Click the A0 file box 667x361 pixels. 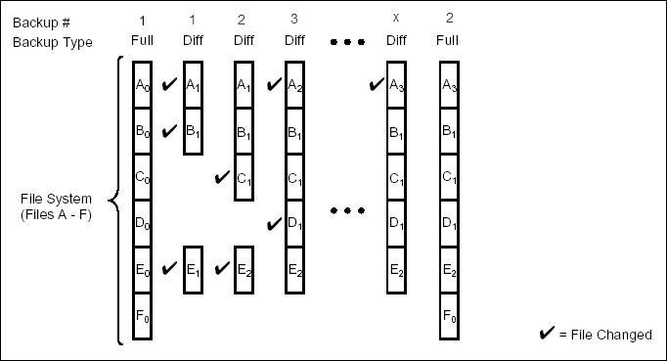142,84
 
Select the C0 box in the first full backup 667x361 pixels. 142,178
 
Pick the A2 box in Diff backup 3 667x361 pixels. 294,84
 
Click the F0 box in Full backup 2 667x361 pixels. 450,316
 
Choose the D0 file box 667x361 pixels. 142,224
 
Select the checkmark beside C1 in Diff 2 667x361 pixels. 221,178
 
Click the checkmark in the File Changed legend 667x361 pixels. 547,335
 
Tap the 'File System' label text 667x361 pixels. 56,207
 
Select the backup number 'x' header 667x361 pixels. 396,21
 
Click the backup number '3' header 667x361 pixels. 294,21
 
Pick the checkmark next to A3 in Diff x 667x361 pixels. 375,84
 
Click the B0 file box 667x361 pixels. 142,131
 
